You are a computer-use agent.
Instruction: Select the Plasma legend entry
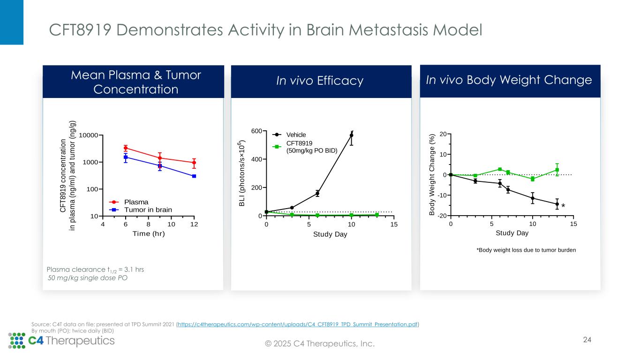136,202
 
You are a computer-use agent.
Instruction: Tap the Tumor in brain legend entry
145,210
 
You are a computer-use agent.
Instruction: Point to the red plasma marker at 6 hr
126,148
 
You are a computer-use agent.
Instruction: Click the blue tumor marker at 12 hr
194,176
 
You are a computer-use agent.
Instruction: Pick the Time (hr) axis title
149,234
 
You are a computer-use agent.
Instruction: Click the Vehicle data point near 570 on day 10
351,135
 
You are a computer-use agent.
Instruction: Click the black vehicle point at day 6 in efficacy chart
317,193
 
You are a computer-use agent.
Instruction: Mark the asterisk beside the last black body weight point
563,206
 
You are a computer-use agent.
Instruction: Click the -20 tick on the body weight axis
441,216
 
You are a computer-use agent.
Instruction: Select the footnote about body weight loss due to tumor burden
526,250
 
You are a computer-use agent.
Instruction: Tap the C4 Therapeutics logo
61,340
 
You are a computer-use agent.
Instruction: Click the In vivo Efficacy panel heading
320,81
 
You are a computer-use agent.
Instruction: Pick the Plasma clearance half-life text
95,270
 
